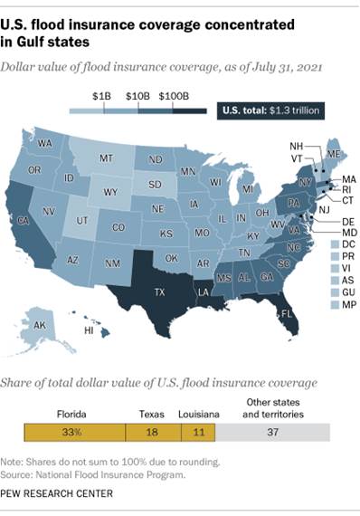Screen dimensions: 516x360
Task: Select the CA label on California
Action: (24, 220)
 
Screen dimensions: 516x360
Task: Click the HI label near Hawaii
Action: (89, 332)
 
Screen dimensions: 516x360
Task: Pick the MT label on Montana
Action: (106, 158)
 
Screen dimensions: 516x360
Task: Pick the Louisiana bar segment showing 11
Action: (197, 434)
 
